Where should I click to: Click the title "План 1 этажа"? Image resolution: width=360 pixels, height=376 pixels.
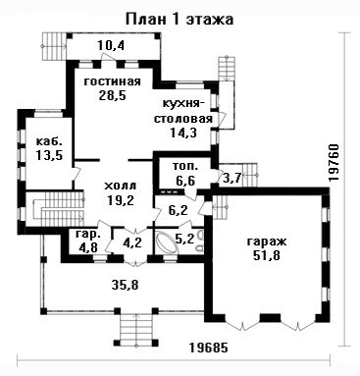click(x=180, y=20)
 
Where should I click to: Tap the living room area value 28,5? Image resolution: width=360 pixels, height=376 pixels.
click(x=112, y=95)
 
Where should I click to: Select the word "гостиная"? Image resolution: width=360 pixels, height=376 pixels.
click(x=113, y=81)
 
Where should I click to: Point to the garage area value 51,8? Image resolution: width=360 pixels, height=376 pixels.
click(x=266, y=255)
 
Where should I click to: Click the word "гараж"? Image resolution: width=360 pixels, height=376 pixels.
click(x=267, y=242)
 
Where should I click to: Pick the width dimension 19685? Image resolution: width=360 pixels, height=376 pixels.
click(x=208, y=348)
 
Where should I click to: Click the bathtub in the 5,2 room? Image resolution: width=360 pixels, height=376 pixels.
click(x=167, y=242)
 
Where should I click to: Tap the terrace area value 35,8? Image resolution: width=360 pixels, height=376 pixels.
click(x=125, y=285)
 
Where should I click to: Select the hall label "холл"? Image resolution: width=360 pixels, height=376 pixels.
click(x=120, y=187)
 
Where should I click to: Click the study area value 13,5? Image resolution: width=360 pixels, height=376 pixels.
click(x=49, y=155)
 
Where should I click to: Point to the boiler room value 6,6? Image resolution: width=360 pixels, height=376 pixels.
click(x=185, y=180)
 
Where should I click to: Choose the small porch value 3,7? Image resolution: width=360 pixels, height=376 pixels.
click(x=231, y=178)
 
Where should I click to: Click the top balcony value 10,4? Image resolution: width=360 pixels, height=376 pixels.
click(x=111, y=45)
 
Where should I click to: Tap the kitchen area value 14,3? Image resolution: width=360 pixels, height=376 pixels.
click(x=183, y=133)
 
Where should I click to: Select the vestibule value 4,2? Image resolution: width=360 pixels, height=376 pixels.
click(x=133, y=243)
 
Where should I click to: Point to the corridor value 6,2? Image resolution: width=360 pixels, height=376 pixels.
click(x=179, y=210)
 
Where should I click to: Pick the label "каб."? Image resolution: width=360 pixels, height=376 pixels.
click(x=48, y=141)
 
